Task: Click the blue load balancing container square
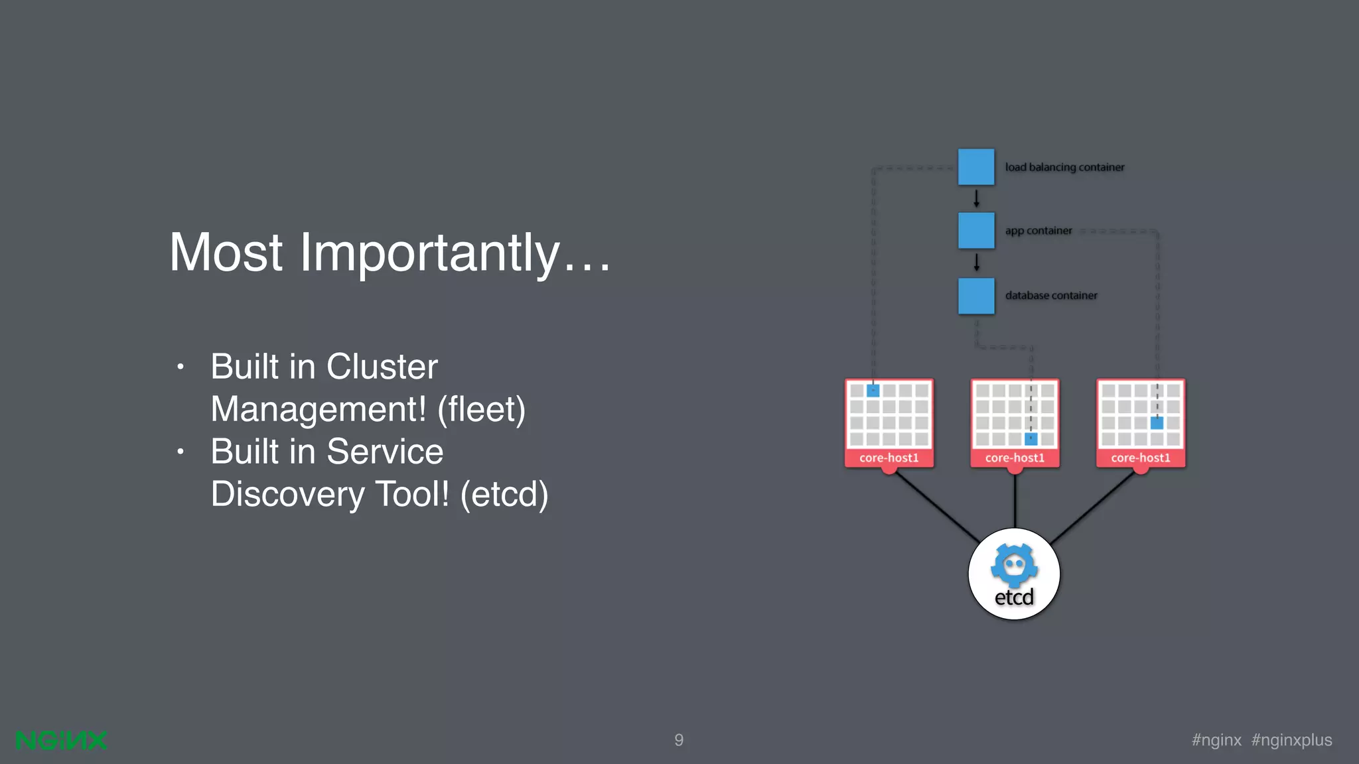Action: (975, 166)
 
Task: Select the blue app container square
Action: (975, 230)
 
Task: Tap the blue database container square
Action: (975, 295)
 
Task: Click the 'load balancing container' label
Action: (1064, 167)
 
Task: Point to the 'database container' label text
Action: (1051, 295)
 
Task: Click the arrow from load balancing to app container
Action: (976, 198)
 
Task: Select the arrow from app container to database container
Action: (976, 263)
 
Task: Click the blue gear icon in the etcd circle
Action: (1014, 565)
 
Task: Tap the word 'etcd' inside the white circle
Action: (1014, 598)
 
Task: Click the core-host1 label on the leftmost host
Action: (889, 458)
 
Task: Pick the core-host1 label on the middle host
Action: (1015, 458)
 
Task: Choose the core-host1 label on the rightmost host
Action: (1141, 458)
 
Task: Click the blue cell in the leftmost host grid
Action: (873, 391)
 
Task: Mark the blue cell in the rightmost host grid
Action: (1157, 422)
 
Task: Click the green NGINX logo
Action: (61, 740)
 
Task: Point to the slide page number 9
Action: (679, 740)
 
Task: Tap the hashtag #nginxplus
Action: (1291, 740)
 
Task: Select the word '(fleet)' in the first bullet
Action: (481, 409)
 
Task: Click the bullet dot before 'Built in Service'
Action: (180, 452)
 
